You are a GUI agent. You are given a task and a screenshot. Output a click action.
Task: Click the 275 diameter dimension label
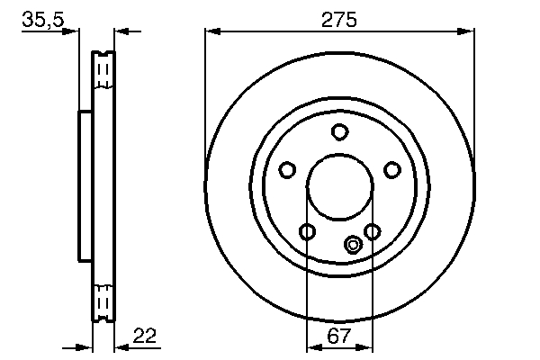click(x=339, y=20)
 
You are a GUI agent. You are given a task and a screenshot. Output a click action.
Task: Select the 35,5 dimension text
click(x=43, y=20)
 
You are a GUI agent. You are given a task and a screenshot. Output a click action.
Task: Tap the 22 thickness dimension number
click(x=145, y=336)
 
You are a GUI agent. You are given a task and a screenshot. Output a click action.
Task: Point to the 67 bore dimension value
click(x=339, y=336)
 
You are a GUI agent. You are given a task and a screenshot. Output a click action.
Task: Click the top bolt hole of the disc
click(x=339, y=132)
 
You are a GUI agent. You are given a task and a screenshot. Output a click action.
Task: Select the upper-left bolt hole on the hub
click(x=287, y=170)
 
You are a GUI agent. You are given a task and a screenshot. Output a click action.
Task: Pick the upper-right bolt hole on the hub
click(x=392, y=170)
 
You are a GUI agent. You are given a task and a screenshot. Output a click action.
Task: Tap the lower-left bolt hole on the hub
click(x=307, y=231)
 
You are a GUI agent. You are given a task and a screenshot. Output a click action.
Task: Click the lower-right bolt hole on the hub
click(x=373, y=231)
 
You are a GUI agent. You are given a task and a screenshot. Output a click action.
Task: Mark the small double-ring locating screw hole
click(x=353, y=245)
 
